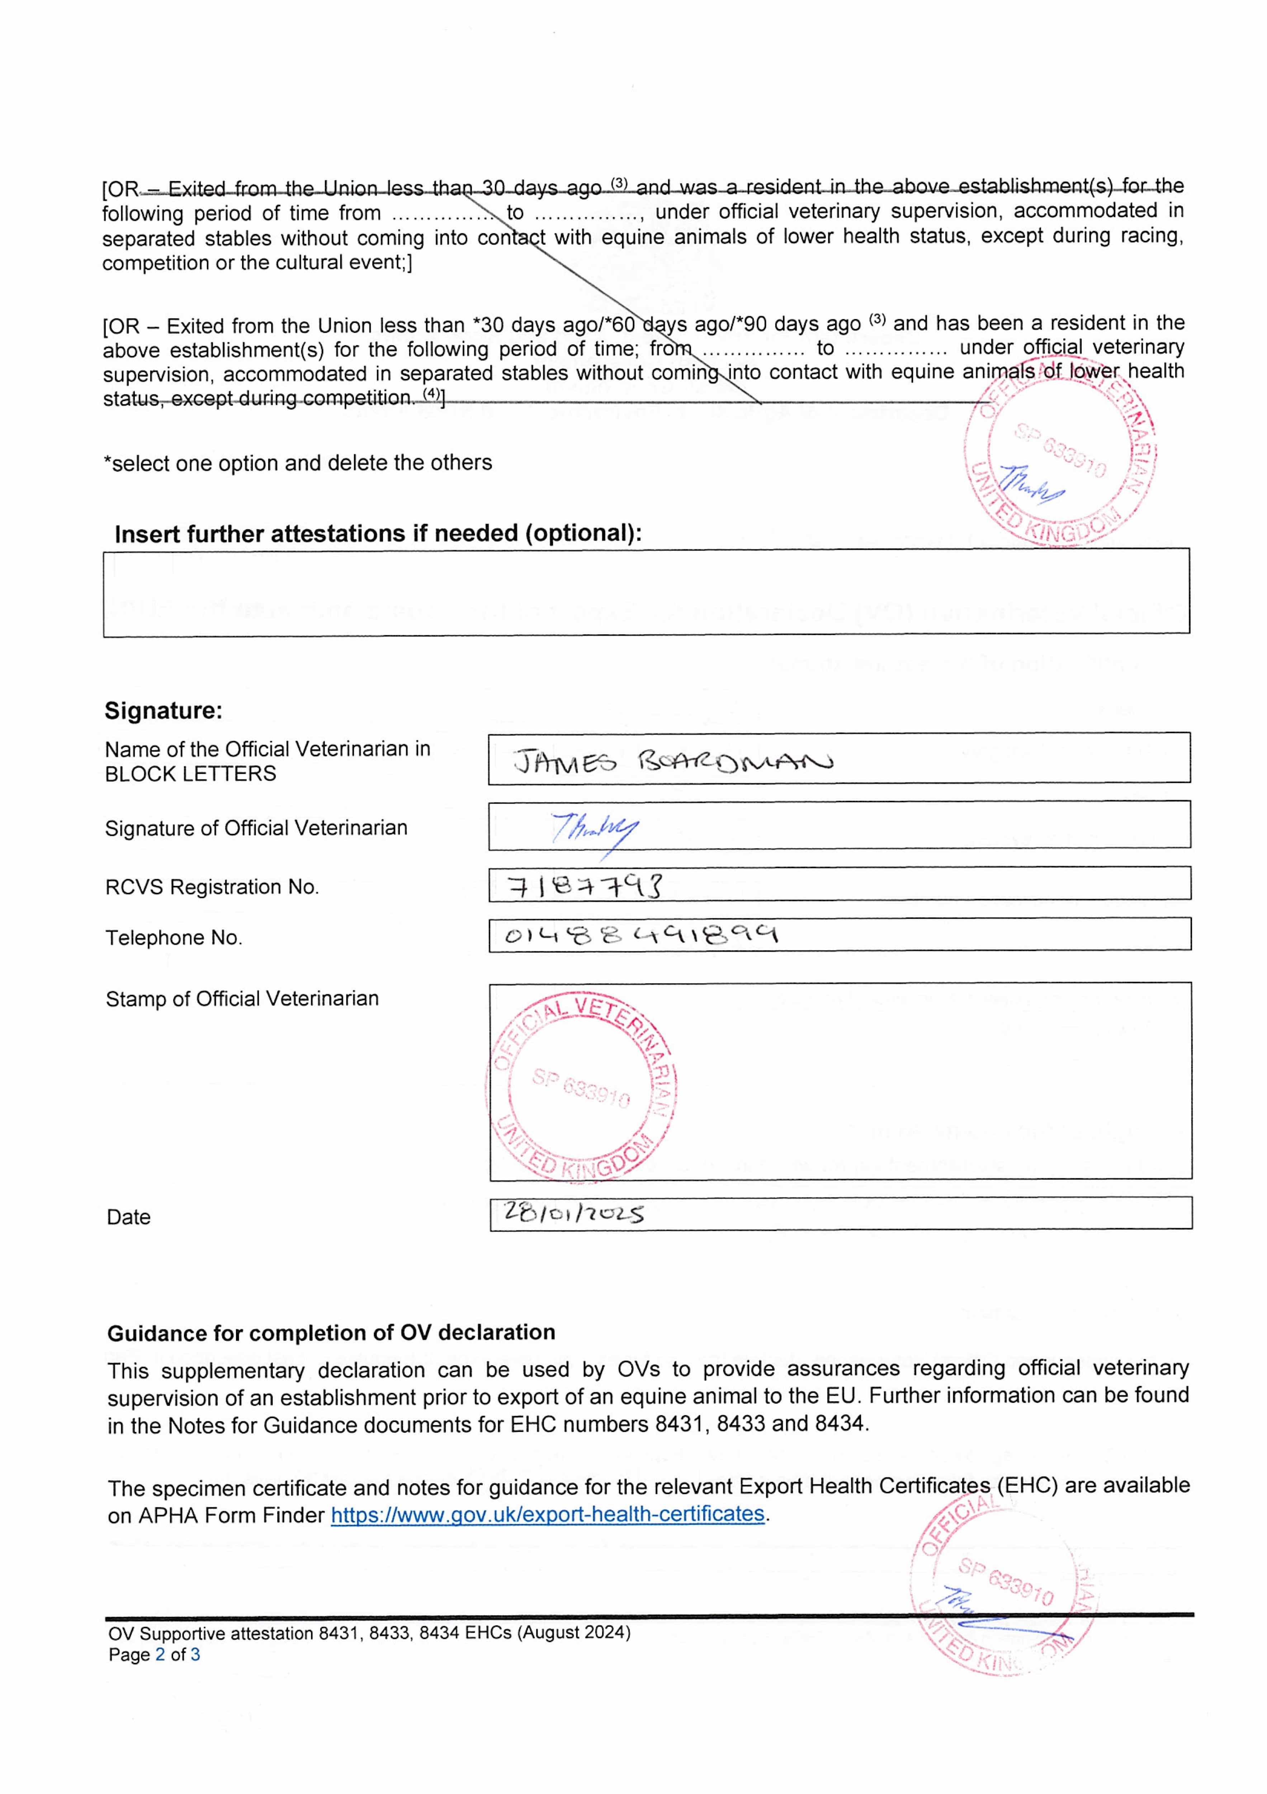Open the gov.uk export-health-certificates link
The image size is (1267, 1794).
[547, 1514]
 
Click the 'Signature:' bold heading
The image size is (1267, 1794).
[163, 710]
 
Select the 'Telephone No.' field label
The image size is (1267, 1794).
[174, 938]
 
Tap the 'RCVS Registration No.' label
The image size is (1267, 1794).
[212, 887]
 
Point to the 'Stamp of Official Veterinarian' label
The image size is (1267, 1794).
[242, 999]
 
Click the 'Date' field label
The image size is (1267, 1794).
[128, 1217]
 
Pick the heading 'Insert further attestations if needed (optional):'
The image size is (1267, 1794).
[378, 534]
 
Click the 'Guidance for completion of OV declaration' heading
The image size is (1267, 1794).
[331, 1332]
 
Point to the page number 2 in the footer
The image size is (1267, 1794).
[160, 1654]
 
